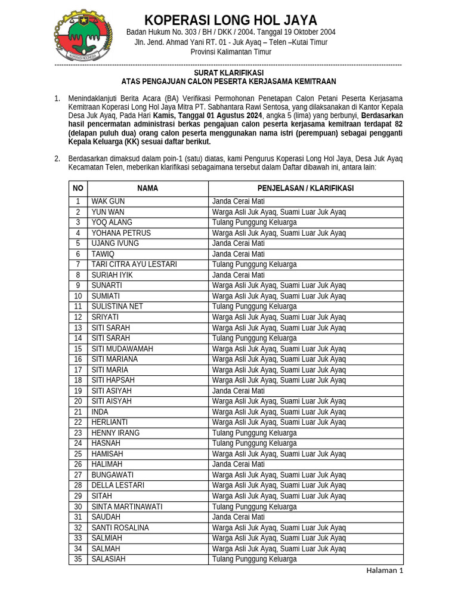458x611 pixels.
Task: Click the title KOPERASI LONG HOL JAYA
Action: [x=231, y=20]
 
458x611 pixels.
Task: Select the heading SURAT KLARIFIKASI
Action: [x=228, y=72]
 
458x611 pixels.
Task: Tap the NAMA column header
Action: [x=147, y=189]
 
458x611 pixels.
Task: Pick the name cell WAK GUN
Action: [x=108, y=202]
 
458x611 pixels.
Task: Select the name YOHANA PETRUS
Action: [x=121, y=233]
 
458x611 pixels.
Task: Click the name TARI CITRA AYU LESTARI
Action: [x=134, y=264]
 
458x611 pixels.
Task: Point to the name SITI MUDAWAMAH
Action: [x=122, y=349]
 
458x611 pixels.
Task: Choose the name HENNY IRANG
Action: [x=116, y=433]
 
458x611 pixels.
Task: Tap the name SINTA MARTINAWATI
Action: [x=127, y=507]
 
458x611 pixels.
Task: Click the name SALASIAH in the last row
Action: [x=109, y=560]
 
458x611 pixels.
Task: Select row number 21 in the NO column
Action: [x=78, y=412]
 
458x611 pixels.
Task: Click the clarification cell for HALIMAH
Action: [x=239, y=465]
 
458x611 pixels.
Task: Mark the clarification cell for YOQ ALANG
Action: [x=255, y=223]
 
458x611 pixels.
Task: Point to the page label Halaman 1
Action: [x=385, y=570]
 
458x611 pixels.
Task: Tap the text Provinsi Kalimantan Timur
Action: [x=231, y=53]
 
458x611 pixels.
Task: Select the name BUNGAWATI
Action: [x=113, y=476]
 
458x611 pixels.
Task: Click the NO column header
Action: [x=78, y=189]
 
